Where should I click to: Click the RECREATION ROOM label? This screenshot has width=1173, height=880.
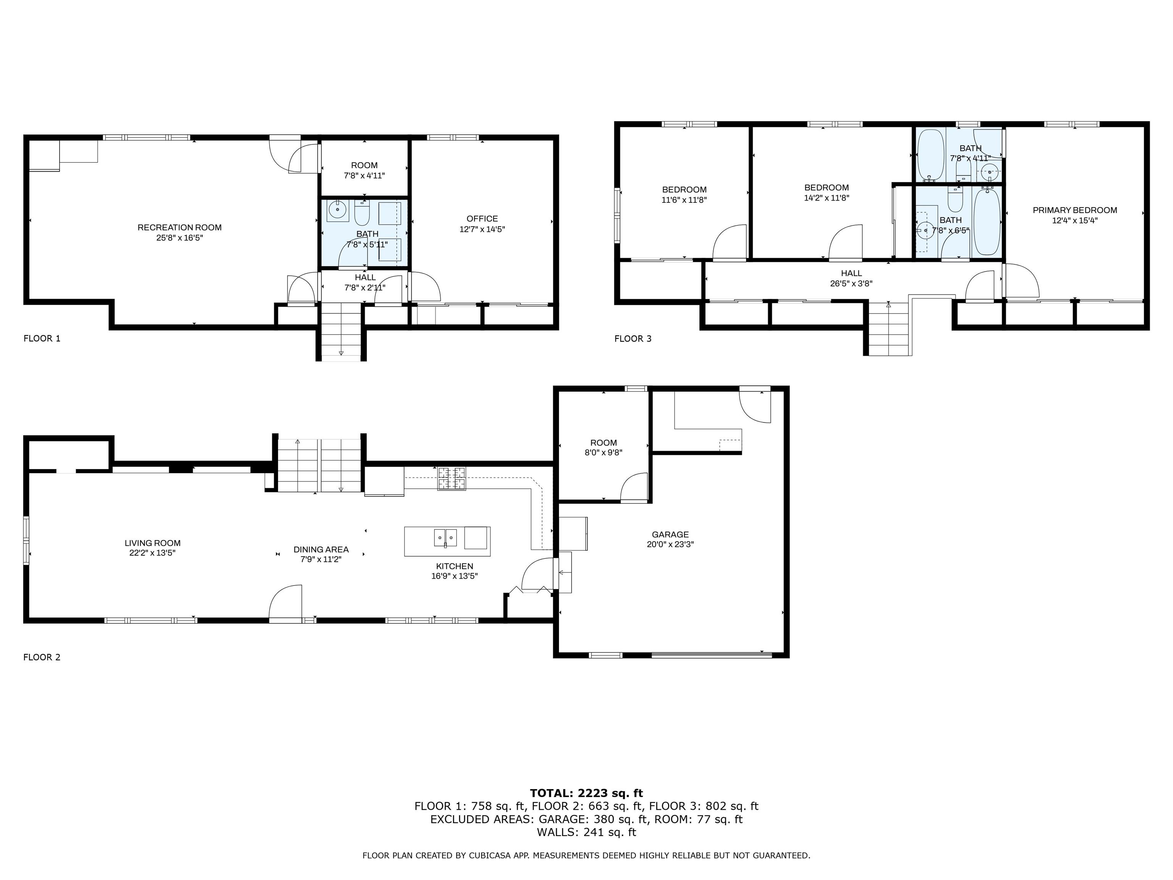[179, 228]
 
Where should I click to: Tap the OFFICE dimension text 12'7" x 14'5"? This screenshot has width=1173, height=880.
[481, 229]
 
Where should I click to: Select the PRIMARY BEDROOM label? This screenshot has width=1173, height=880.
[1074, 210]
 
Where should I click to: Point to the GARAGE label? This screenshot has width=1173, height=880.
[670, 534]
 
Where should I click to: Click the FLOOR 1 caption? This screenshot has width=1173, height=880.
[42, 338]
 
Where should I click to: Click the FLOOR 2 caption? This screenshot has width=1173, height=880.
[42, 657]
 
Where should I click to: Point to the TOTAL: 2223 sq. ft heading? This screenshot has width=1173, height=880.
[586, 793]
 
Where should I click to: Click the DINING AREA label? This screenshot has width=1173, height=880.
[321, 550]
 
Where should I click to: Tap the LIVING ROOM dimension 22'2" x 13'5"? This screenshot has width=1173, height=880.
[152, 553]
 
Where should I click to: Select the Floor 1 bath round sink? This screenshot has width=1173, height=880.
[337, 210]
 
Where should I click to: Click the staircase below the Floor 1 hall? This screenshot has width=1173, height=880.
[341, 331]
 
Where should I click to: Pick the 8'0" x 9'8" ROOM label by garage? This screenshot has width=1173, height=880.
[603, 443]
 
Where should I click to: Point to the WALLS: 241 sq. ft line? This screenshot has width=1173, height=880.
[586, 832]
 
